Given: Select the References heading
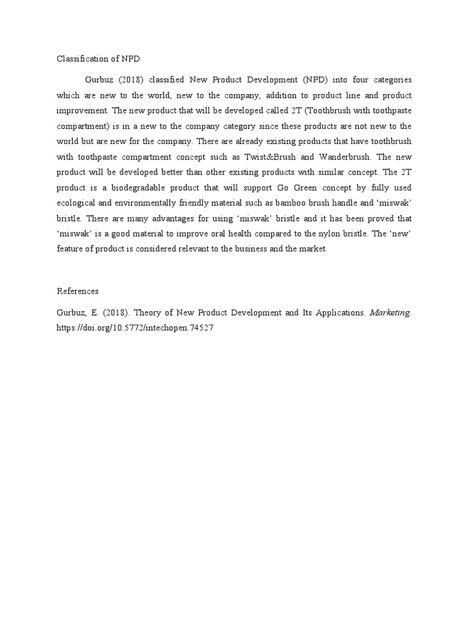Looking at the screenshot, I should click(78, 291).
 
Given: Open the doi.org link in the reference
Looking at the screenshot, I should click(135, 327).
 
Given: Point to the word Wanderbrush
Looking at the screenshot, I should click(344, 155).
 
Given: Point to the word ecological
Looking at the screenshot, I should click(79, 200).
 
